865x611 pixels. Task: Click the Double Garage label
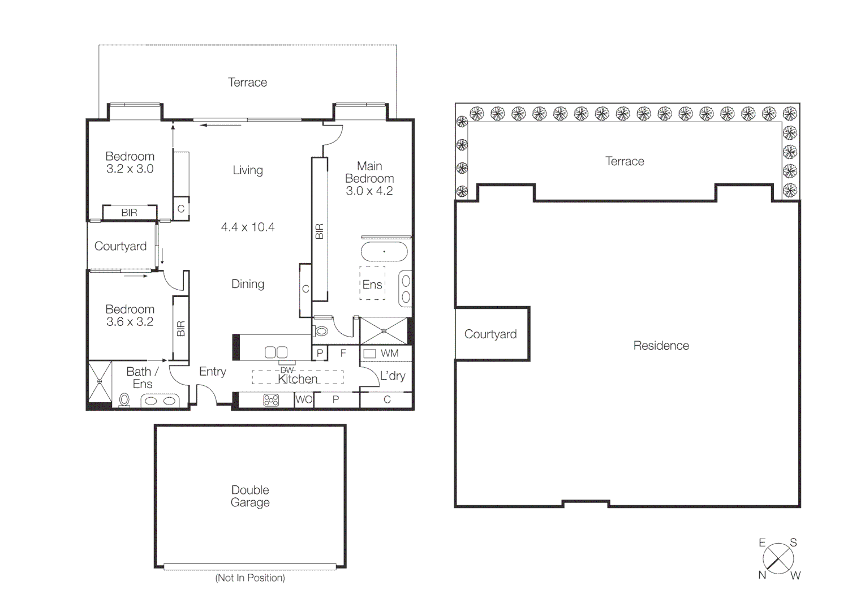tap(249, 496)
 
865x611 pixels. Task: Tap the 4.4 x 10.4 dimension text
tap(248, 227)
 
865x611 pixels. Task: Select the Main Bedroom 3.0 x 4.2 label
tap(369, 178)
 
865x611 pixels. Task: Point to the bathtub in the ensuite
tap(384, 252)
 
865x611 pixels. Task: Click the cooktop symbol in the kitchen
tap(271, 401)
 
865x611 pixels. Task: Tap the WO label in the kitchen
tap(304, 399)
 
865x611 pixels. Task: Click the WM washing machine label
tap(389, 353)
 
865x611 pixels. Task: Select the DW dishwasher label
tap(287, 370)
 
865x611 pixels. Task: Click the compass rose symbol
tap(778, 558)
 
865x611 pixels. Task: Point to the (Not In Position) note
tap(250, 578)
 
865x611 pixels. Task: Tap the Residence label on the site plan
tap(661, 346)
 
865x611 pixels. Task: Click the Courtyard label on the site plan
tap(490, 334)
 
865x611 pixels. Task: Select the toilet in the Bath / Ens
tap(124, 400)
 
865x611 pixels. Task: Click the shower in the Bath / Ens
tap(100, 381)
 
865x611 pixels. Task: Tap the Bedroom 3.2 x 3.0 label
tap(130, 162)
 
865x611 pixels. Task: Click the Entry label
tap(212, 372)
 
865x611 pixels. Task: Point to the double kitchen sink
tap(276, 352)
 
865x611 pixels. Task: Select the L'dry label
tap(392, 376)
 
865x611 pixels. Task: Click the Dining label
tap(248, 284)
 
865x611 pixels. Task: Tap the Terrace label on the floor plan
tap(247, 83)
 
